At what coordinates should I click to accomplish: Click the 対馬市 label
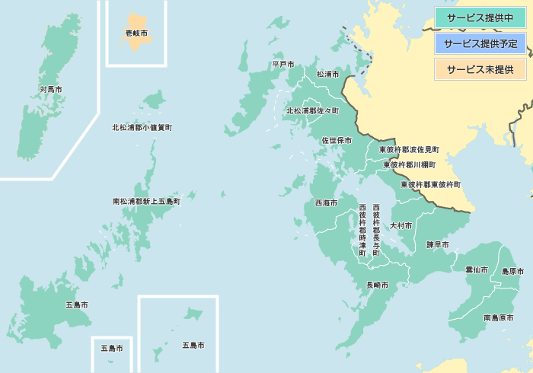click(51, 90)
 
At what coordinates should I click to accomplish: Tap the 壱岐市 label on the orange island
click(136, 33)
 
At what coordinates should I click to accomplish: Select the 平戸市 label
click(283, 65)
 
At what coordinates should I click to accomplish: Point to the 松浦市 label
click(328, 75)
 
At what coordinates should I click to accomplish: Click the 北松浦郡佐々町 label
click(312, 111)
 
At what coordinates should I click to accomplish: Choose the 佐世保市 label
click(337, 141)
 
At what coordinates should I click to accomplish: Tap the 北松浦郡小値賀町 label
click(142, 128)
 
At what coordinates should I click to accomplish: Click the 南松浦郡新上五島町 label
click(146, 202)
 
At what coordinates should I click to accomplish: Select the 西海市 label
click(327, 203)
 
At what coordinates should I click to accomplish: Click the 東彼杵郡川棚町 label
click(410, 164)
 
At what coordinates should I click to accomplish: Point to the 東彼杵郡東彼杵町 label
click(431, 184)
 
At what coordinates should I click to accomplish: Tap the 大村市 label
click(401, 226)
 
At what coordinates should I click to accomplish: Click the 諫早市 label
click(437, 245)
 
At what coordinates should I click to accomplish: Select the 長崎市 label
click(378, 285)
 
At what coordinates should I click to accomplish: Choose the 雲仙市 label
click(477, 269)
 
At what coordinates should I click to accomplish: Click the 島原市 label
click(512, 272)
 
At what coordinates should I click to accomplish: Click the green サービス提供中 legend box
click(480, 18)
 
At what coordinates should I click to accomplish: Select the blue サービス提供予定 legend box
click(480, 43)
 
